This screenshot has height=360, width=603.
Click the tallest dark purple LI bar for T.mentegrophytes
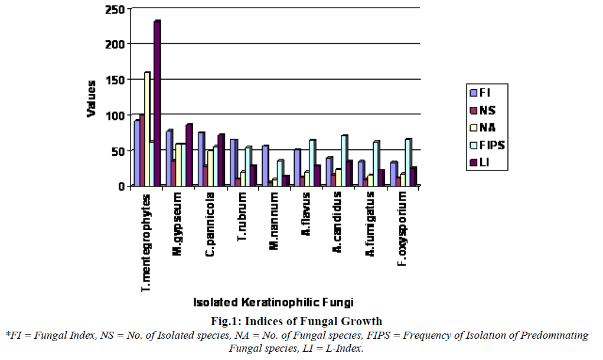(157, 103)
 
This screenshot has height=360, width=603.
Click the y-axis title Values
(92, 99)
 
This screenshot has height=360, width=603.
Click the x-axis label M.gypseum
(177, 218)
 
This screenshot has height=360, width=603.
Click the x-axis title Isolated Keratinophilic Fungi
(273, 303)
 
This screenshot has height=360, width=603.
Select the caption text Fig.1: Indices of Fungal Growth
(296, 322)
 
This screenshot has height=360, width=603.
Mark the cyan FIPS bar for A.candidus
(343, 161)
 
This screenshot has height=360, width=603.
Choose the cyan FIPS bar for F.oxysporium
(407, 162)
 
